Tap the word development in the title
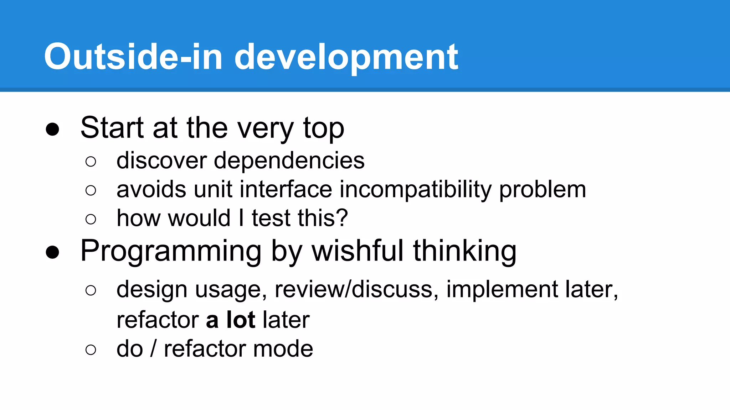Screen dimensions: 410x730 [x=346, y=57]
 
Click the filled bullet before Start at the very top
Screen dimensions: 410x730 [x=52, y=129]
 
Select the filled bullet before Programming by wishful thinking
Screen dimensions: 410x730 [x=52, y=252]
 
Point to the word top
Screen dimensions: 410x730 [x=323, y=129]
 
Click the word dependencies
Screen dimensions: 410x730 [x=289, y=161]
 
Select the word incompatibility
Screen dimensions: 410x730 [x=416, y=190]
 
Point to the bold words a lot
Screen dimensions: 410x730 [x=231, y=320]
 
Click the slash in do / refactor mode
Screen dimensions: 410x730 [x=153, y=348]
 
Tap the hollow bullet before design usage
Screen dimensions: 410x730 [x=91, y=290]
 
